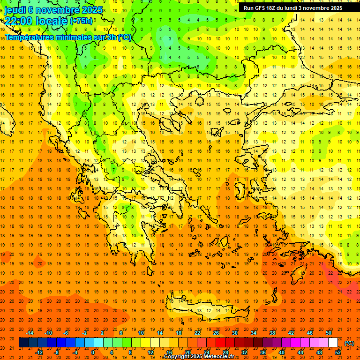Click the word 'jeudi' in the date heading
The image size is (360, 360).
tap(15, 10)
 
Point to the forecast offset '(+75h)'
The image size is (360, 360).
tap(81, 21)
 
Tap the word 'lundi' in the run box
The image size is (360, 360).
tap(297, 8)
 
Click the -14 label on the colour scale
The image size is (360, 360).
tap(30, 332)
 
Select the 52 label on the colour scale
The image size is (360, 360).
tap(337, 352)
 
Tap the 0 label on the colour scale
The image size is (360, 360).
tap(93, 352)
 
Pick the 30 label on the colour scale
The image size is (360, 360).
tap(235, 332)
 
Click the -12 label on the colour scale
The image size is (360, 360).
tap(39, 352)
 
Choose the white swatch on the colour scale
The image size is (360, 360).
tap(333, 343)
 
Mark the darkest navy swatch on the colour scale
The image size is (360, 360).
tap(23, 343)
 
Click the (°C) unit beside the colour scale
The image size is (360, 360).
tap(349, 343)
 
